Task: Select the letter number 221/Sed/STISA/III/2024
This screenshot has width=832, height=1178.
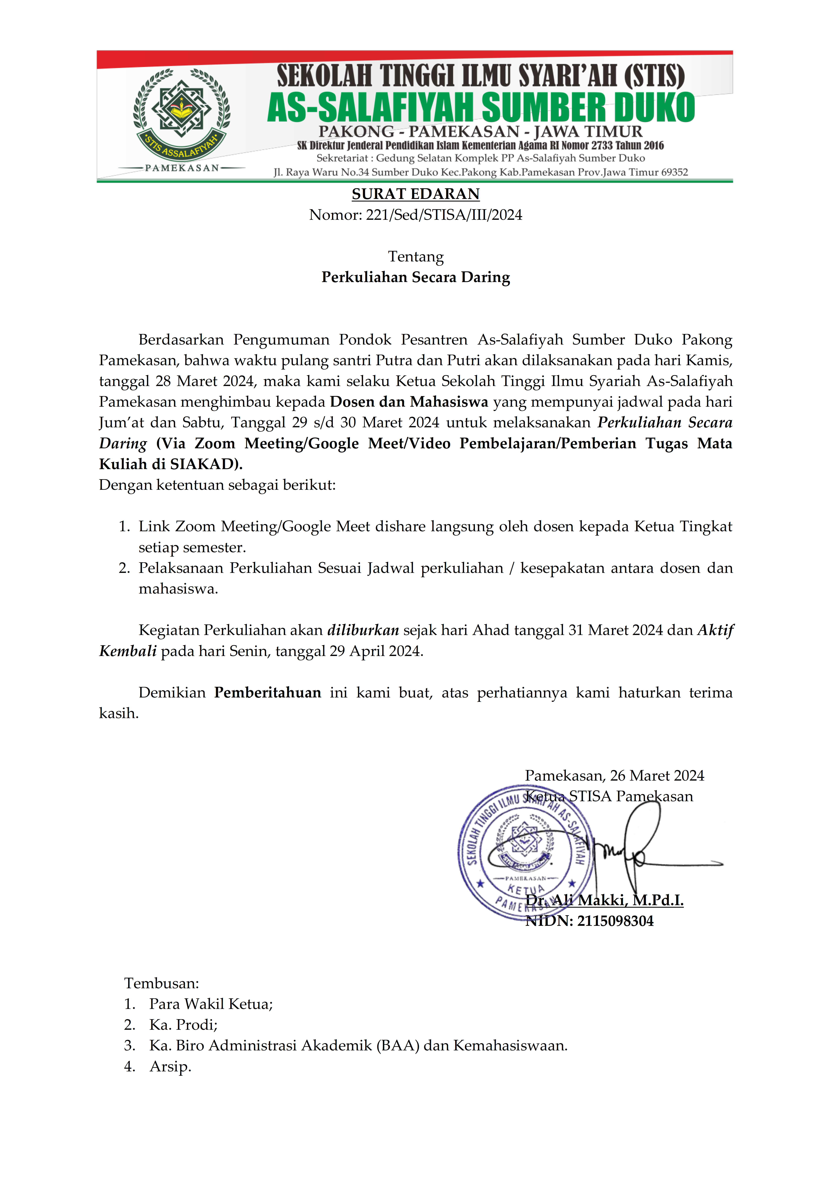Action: tap(444, 215)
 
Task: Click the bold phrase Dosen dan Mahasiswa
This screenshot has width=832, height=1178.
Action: tap(409, 402)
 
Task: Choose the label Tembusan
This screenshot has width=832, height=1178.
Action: tap(161, 983)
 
